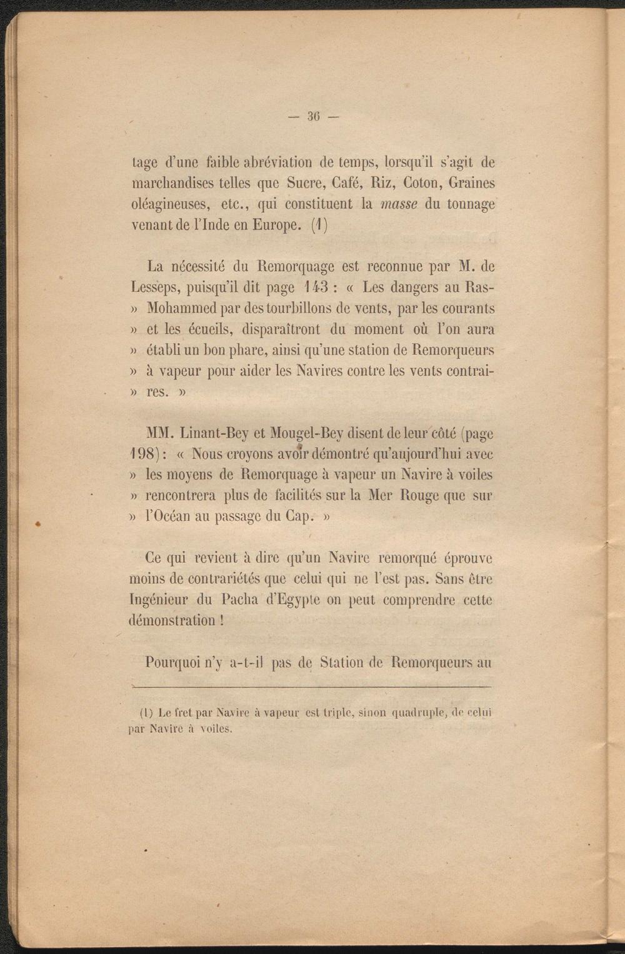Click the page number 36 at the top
coord(313,116)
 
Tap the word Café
coord(361,184)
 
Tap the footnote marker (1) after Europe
coord(319,225)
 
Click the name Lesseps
coord(156,288)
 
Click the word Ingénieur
coord(158,600)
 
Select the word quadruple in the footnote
coord(418,712)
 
